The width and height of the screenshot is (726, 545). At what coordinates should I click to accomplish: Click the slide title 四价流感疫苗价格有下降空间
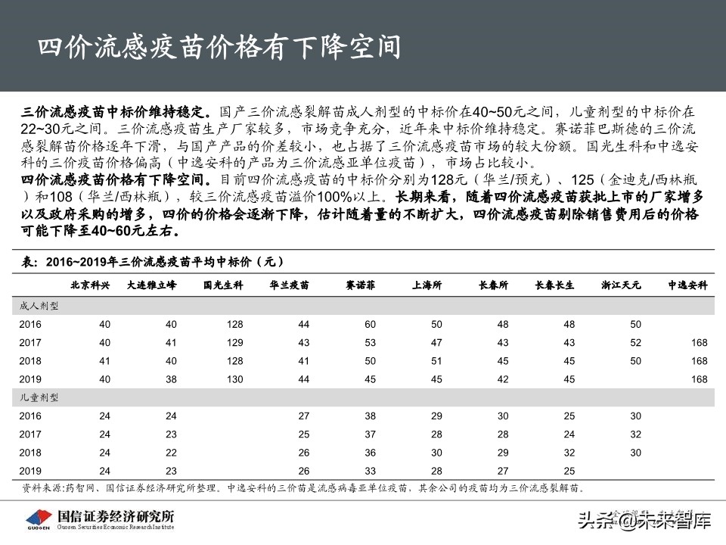(x=219, y=48)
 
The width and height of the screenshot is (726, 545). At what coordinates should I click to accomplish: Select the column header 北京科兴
(x=90, y=285)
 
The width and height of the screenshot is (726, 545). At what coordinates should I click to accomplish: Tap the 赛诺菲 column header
(x=361, y=285)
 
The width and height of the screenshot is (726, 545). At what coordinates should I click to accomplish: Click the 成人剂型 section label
(x=39, y=307)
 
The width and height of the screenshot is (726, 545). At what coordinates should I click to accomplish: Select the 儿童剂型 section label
(x=39, y=397)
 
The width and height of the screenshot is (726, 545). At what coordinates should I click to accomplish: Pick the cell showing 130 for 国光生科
(x=234, y=378)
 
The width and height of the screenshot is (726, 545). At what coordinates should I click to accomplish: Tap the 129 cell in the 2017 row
(x=234, y=342)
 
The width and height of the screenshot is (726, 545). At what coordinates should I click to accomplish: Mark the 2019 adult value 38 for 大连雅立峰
(x=171, y=378)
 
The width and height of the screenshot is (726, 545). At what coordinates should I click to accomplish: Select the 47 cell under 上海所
(x=436, y=342)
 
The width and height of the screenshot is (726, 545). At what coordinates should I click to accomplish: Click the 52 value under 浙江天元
(x=635, y=342)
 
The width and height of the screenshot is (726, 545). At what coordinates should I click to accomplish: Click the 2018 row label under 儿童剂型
(x=32, y=452)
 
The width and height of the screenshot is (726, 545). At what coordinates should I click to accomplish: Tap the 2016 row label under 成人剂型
(x=32, y=324)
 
